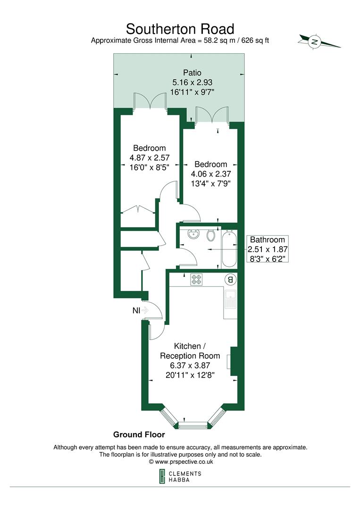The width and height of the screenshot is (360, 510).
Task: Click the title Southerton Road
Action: [x=180, y=28]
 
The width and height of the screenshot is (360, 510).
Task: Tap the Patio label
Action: [x=192, y=73]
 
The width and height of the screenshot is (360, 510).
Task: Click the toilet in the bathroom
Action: [x=211, y=235]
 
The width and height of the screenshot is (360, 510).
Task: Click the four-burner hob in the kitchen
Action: [x=196, y=279]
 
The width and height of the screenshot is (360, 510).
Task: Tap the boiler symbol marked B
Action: [x=230, y=279]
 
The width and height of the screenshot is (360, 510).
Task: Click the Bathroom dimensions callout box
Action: [x=268, y=249]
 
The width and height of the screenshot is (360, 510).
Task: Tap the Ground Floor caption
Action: [x=139, y=434]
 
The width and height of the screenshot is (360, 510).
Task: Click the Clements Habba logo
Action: [x=180, y=476]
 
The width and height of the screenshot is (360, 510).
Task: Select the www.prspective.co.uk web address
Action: [x=181, y=462]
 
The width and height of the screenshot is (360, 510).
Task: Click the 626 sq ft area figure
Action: [x=255, y=41]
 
